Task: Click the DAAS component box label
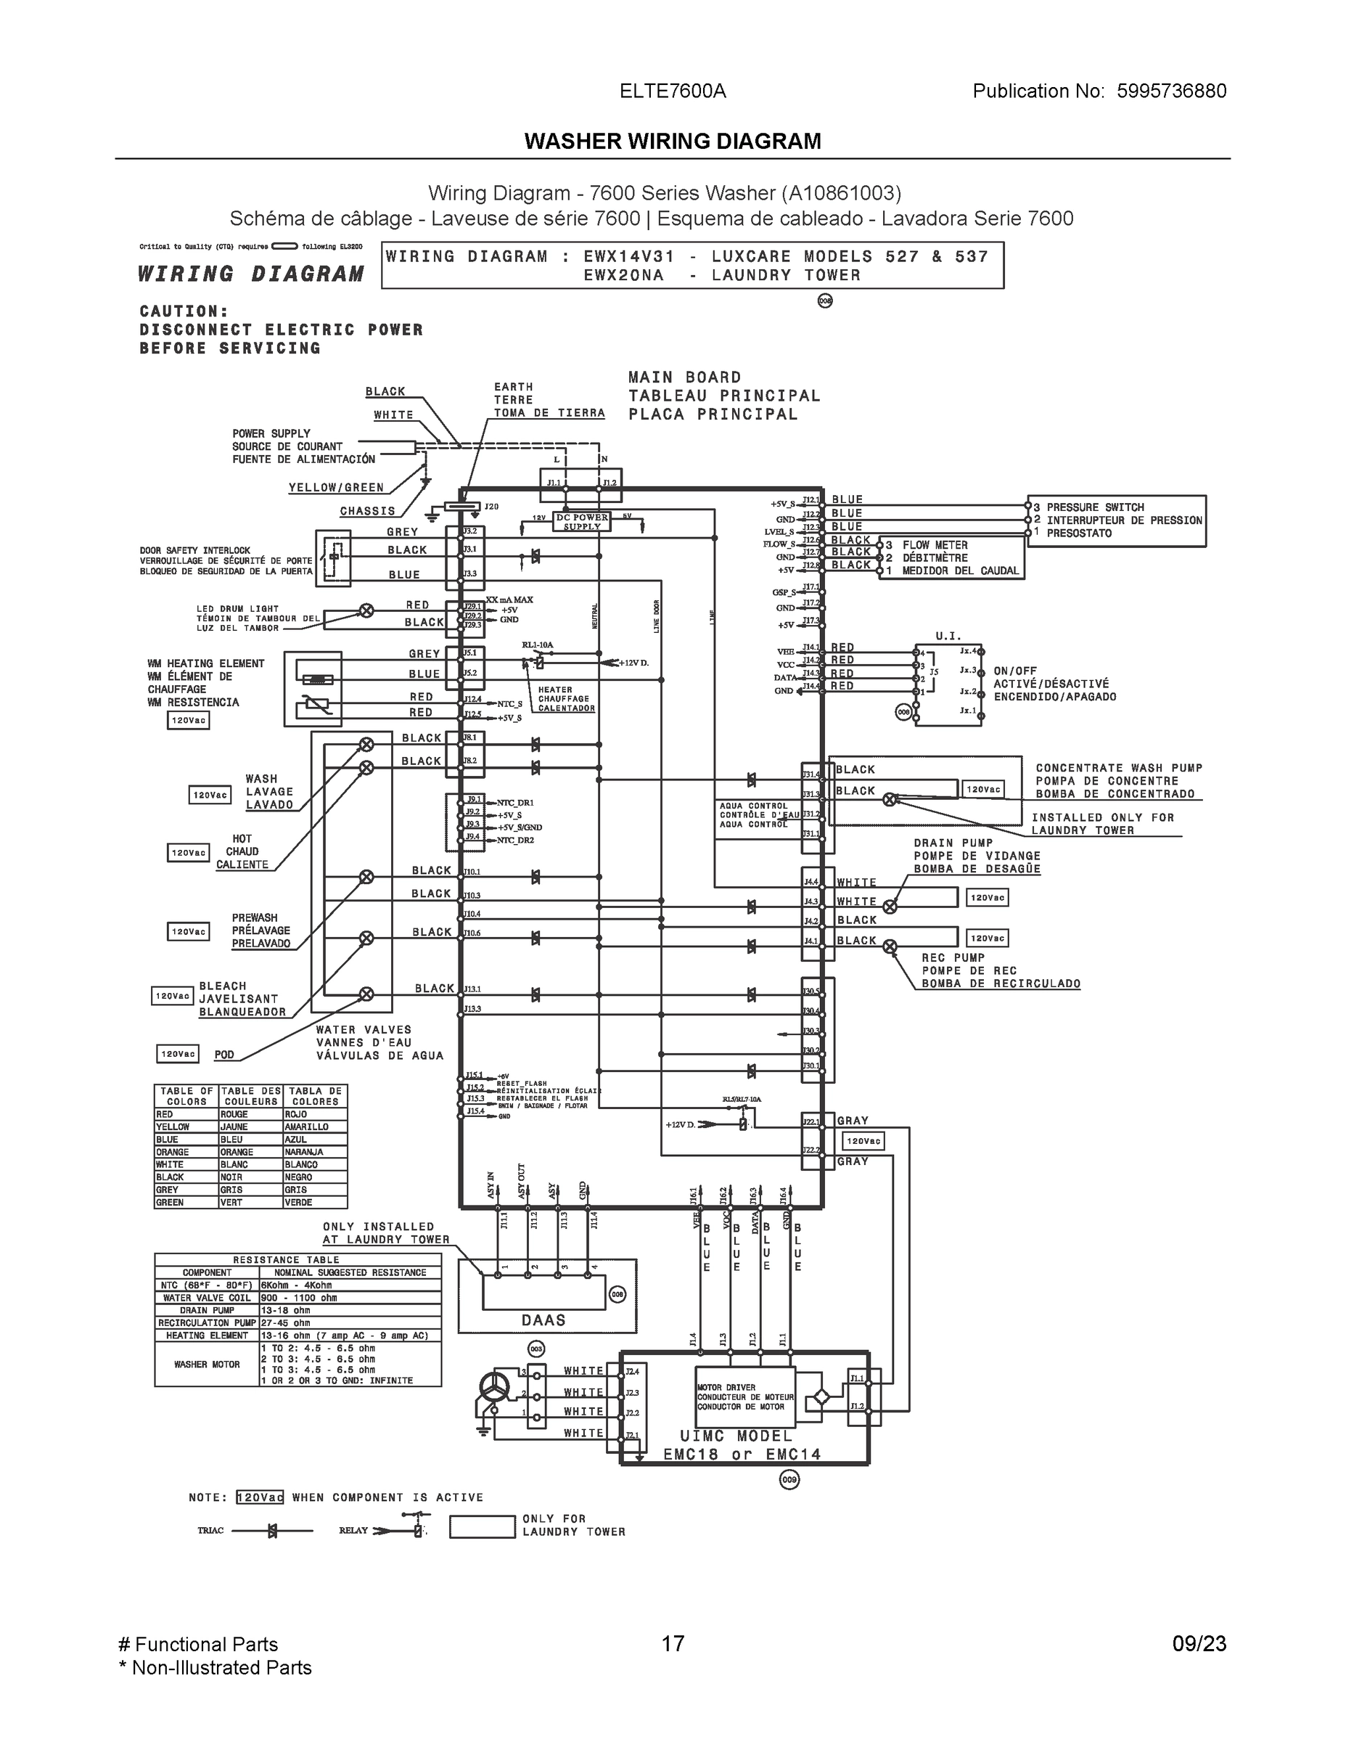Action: (543, 1320)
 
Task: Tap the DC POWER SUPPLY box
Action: (581, 522)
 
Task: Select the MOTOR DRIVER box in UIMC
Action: (744, 1397)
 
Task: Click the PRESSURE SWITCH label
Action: (1095, 507)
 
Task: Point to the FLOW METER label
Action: (935, 545)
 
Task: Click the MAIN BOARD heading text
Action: (684, 377)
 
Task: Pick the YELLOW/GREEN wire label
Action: (336, 487)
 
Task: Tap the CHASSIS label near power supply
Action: (367, 511)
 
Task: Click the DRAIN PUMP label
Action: (953, 843)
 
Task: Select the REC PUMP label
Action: (953, 958)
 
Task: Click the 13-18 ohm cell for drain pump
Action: (284, 1309)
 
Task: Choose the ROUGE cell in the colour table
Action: (234, 1114)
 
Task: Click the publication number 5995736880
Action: (1170, 91)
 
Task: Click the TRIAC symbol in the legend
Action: (272, 1531)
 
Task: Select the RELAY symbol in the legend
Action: (417, 1530)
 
